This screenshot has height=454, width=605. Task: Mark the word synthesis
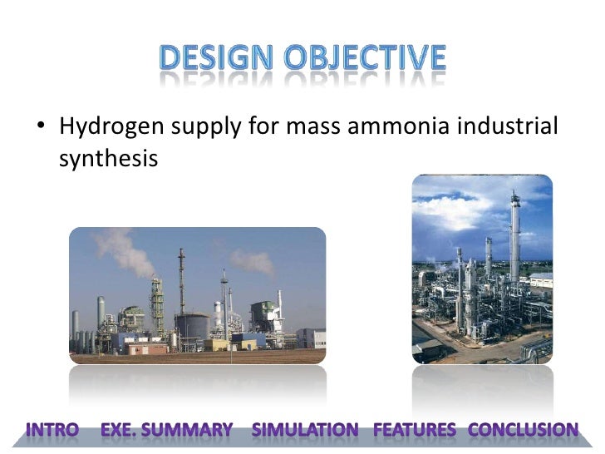coord(108,158)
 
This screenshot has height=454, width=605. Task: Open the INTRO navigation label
coord(52,430)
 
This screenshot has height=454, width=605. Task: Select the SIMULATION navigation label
coord(305,430)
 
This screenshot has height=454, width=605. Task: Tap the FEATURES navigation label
coord(415,430)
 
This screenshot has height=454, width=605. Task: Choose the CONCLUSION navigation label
coord(524,430)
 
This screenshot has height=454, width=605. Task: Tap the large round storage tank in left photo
coord(193,326)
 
